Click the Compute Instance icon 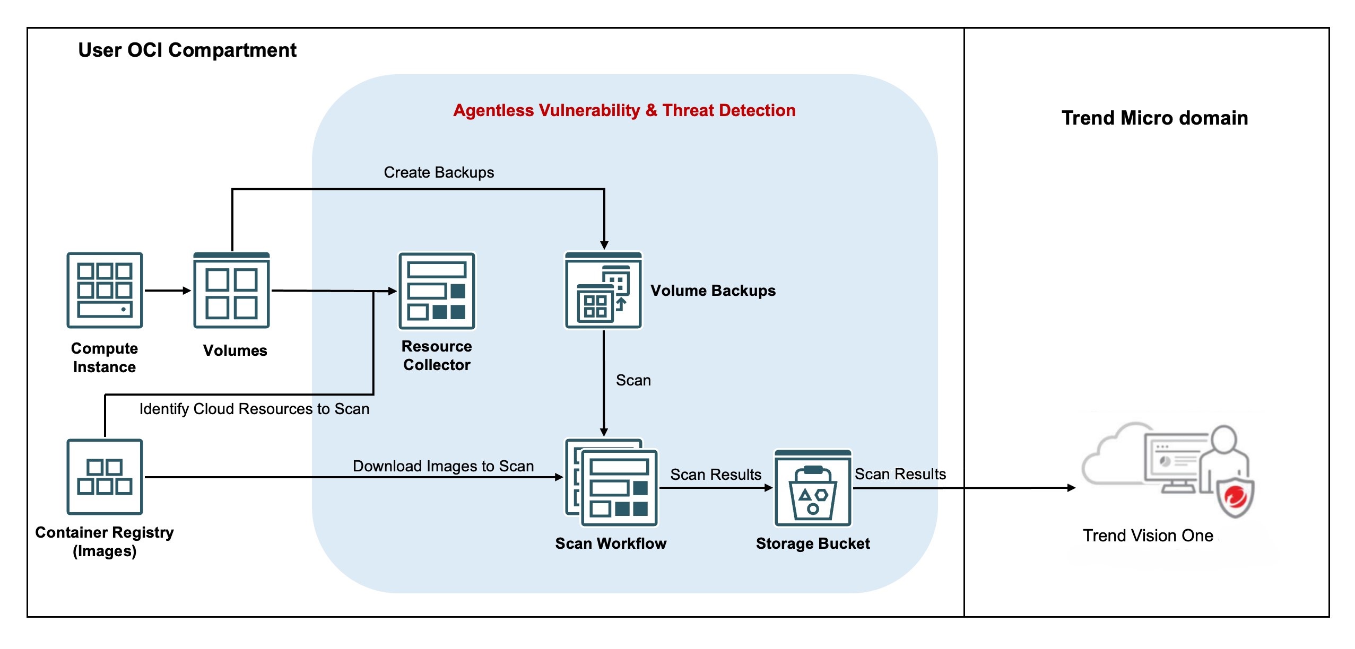[105, 290]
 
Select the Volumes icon [231, 290]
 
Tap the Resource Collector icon [437, 291]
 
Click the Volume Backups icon [603, 291]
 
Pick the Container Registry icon [105, 476]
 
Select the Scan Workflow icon [612, 482]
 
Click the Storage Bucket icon [813, 488]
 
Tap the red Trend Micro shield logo [1236, 498]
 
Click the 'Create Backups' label [439, 172]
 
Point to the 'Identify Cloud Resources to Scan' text [254, 409]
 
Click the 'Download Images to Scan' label [443, 466]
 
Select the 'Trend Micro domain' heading [1154, 118]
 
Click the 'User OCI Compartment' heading [187, 50]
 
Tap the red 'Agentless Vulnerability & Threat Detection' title [624, 110]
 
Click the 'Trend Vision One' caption [1148, 536]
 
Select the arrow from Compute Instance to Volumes [167, 291]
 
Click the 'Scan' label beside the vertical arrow [633, 380]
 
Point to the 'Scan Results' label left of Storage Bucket [715, 475]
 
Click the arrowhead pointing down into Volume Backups [604, 245]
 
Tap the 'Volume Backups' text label [713, 291]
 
